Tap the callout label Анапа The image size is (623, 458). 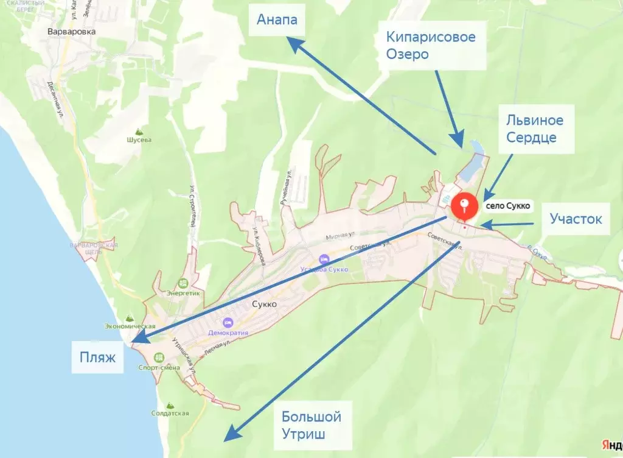[277, 20]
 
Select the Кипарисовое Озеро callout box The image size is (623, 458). [431, 46]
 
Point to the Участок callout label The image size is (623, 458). [576, 218]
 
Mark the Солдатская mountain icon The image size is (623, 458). [169, 404]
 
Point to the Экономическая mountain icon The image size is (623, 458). [128, 317]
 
